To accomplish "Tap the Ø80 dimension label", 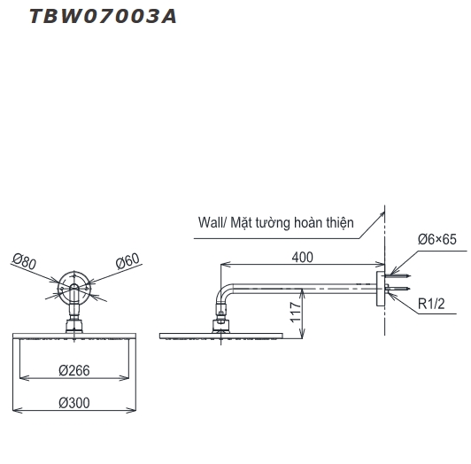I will (24, 261).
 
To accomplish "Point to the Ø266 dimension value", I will (75, 368).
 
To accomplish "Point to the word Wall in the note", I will (212, 224).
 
